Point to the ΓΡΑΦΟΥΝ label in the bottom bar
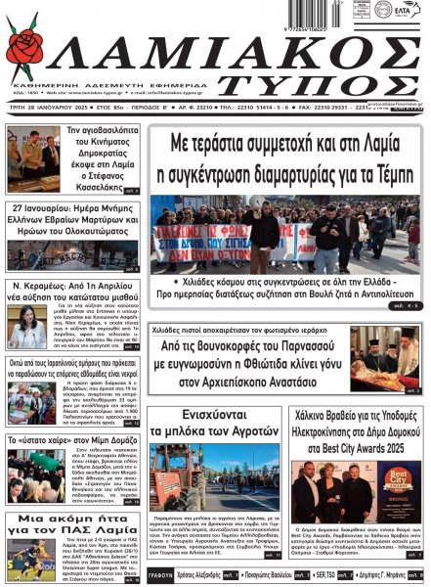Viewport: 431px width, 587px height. point(159,577)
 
